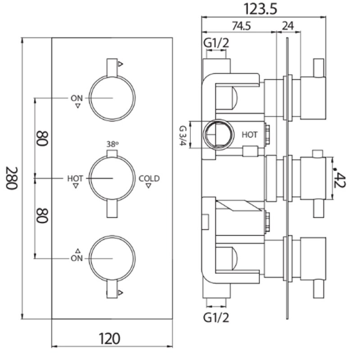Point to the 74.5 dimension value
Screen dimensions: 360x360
point(241,26)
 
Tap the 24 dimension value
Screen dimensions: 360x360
point(287,26)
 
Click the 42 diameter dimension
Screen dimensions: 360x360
point(343,178)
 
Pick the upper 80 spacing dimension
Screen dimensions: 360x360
point(42,137)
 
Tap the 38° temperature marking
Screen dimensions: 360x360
point(112,144)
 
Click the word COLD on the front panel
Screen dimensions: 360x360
point(149,179)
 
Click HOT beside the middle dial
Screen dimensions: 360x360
point(75,179)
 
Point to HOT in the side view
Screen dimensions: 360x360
point(250,135)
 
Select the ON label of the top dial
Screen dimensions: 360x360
point(76,98)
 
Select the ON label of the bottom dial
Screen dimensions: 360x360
point(76,258)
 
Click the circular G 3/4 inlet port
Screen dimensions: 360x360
point(217,134)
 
